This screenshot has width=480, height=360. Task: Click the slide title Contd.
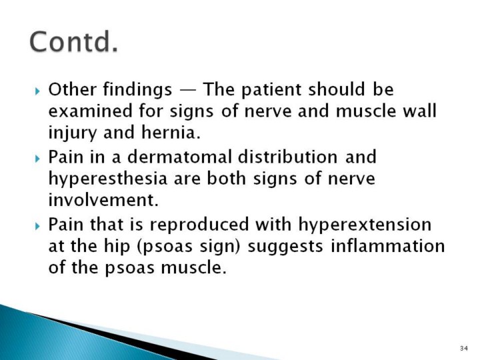pyautogui.click(x=74, y=41)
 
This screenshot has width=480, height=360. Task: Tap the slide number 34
pyautogui.click(x=464, y=348)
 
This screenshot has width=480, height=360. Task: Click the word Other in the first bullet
pyautogui.click(x=72, y=89)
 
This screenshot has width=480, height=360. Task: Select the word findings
pyautogui.click(x=137, y=90)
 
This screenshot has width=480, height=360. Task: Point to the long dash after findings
pyautogui.click(x=187, y=91)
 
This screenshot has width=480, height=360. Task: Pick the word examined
pyautogui.click(x=90, y=111)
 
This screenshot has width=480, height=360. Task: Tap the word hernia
pyautogui.click(x=171, y=132)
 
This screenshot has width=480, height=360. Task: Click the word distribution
pyautogui.click(x=287, y=157)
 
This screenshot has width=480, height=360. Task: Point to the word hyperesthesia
pyautogui.click(x=108, y=179)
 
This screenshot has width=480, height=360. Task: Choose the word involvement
pyautogui.click(x=103, y=200)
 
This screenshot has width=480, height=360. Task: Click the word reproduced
pyautogui.click(x=199, y=225)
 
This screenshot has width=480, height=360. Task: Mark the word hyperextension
pyautogui.click(x=365, y=225)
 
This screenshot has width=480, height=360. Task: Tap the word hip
pyautogui.click(x=117, y=247)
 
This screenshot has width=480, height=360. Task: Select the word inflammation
pyautogui.click(x=388, y=245)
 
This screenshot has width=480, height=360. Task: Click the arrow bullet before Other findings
pyautogui.click(x=37, y=91)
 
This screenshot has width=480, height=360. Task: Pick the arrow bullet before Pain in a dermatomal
pyautogui.click(x=37, y=159)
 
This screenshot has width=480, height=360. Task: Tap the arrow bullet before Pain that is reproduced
pyautogui.click(x=37, y=226)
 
